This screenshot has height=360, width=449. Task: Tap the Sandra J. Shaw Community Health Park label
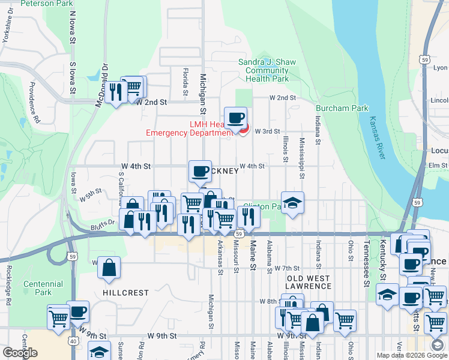[x=264, y=70]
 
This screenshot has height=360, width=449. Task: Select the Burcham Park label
[x=334, y=109]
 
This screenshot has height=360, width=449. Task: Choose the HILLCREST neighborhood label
[x=125, y=293]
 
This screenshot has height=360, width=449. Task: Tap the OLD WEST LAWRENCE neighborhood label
[x=308, y=282]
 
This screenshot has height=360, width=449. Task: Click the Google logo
[x=20, y=353]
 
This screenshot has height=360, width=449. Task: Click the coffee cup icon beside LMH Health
[x=235, y=118]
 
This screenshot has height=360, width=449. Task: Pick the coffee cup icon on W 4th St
[x=200, y=171]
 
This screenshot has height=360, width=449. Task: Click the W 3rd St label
[x=267, y=131]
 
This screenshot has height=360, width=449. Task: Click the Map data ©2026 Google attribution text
[x=412, y=355]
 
